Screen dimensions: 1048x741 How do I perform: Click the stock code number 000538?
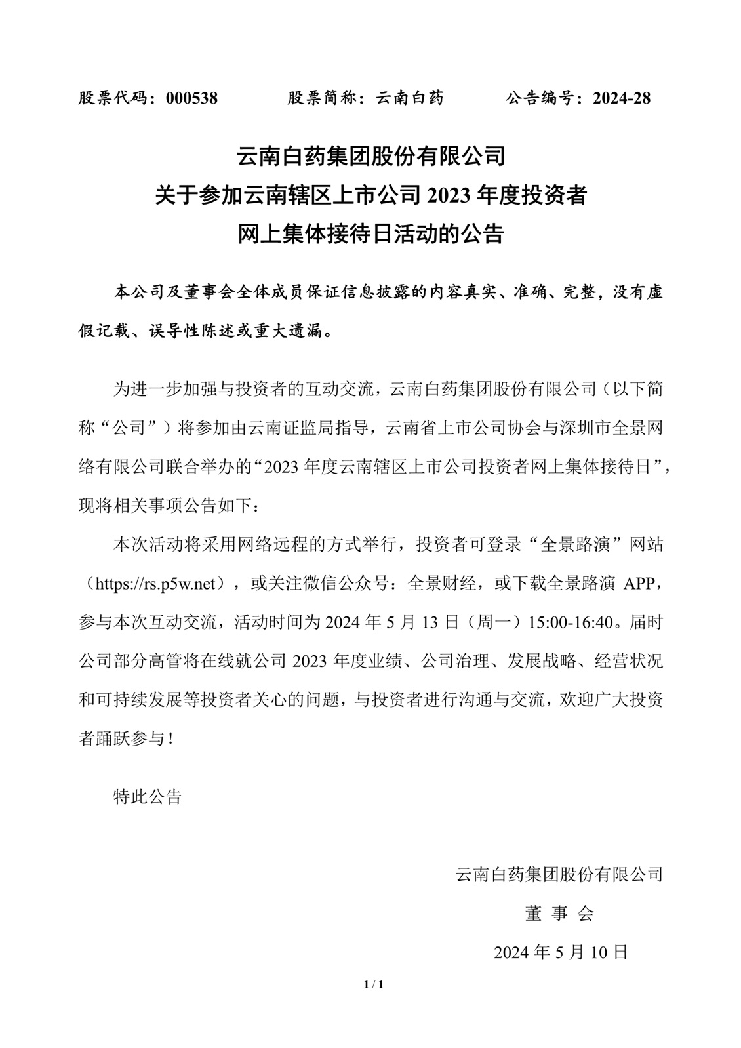[191, 98]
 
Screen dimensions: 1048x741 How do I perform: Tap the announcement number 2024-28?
[622, 98]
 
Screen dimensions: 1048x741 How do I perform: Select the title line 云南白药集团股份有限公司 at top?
[370, 157]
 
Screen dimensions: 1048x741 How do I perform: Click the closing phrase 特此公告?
[148, 797]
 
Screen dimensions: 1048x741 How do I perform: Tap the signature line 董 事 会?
[559, 913]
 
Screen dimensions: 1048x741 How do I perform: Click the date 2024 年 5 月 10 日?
[561, 952]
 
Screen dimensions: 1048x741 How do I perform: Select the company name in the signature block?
[559, 874]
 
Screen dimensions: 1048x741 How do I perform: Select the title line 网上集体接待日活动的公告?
[370, 234]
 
